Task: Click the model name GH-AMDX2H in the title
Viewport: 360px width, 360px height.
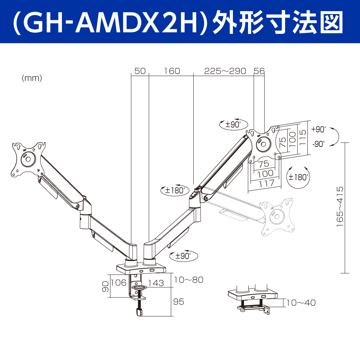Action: click(x=110, y=22)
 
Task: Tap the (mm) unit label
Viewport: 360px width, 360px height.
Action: click(x=32, y=78)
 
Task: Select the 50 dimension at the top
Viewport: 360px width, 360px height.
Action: click(x=140, y=71)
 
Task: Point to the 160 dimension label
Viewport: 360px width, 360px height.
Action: click(x=172, y=71)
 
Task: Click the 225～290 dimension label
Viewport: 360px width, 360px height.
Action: click(x=225, y=71)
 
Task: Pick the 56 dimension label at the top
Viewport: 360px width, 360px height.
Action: click(x=259, y=71)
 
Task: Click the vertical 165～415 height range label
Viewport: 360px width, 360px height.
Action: click(x=340, y=207)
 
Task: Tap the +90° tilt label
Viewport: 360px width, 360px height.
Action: click(x=319, y=129)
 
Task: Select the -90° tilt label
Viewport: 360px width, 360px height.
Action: click(x=319, y=144)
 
